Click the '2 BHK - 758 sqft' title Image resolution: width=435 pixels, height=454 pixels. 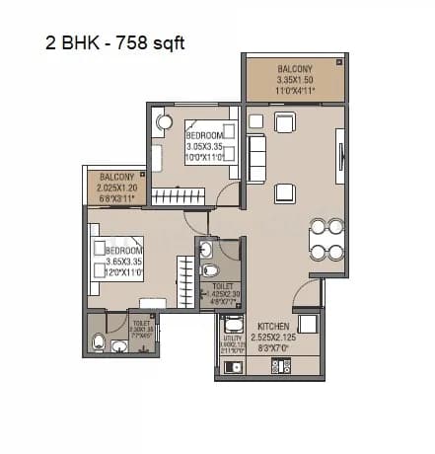(x=113, y=43)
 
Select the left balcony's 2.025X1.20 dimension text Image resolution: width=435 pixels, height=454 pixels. (x=117, y=186)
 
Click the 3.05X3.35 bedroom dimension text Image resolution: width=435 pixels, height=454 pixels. (x=208, y=145)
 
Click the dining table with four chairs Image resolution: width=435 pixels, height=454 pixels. (x=326, y=238)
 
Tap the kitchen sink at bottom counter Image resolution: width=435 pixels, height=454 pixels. (x=233, y=367)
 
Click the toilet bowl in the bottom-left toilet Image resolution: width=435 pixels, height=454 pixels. (x=98, y=342)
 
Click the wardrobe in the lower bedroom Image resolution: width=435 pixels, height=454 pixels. (x=186, y=280)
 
